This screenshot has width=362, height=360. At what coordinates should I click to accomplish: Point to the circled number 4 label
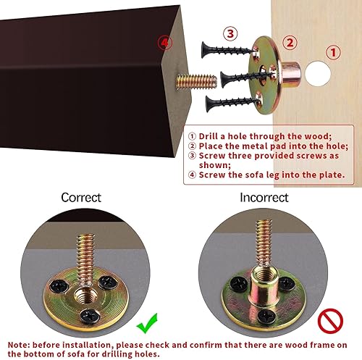pyautogui.click(x=167, y=43)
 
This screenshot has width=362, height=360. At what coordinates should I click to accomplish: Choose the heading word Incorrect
pyautogui.click(x=264, y=197)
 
